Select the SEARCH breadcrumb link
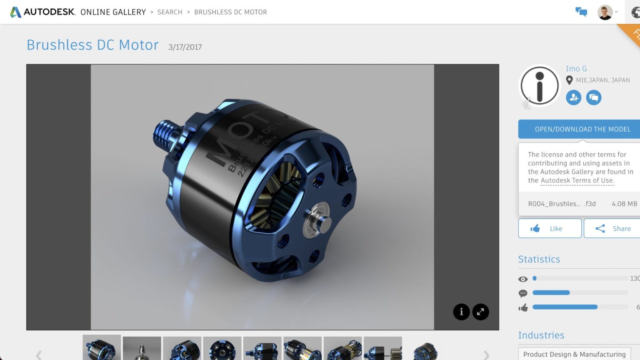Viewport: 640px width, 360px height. [170, 12]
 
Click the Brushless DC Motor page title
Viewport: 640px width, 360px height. [92, 45]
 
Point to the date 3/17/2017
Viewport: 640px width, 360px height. [185, 47]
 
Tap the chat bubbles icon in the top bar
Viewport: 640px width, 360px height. [581, 12]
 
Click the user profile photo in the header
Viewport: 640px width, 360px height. [605, 12]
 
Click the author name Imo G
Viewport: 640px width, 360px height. [576, 69]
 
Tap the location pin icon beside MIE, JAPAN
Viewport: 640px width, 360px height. [569, 80]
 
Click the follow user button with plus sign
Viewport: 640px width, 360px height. [574, 97]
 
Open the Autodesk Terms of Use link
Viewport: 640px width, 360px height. [577, 180]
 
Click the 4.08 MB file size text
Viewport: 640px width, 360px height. [624, 204]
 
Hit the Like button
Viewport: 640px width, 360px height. [550, 228]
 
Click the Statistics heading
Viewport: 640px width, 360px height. [539, 259]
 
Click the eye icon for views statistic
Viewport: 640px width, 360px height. [523, 279]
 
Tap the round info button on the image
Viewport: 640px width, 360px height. [461, 312]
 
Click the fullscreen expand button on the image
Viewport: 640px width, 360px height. [480, 312]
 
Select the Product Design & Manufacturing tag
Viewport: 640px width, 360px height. [574, 354]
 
